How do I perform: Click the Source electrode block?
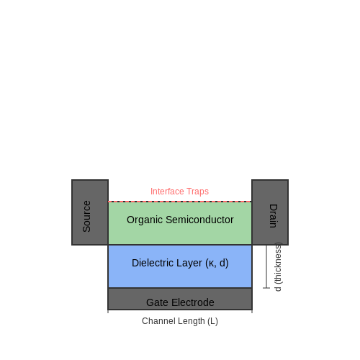coord(90,212)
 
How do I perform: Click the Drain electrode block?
coord(270,212)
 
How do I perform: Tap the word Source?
coord(86,216)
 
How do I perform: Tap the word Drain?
coord(274,216)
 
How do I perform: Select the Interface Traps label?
coord(179,192)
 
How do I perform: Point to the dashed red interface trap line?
coord(180,202)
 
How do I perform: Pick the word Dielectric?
coord(153,263)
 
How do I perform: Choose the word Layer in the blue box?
coord(189,264)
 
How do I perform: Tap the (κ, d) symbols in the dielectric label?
coord(217,263)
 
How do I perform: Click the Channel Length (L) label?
coord(180,321)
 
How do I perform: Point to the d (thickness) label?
coord(278,267)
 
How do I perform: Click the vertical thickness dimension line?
coord(266,266)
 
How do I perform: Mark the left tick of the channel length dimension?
coord(108,311)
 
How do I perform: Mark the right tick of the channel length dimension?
coord(252,311)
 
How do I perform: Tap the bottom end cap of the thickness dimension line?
coord(266,288)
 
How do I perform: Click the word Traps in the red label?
coord(197,192)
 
